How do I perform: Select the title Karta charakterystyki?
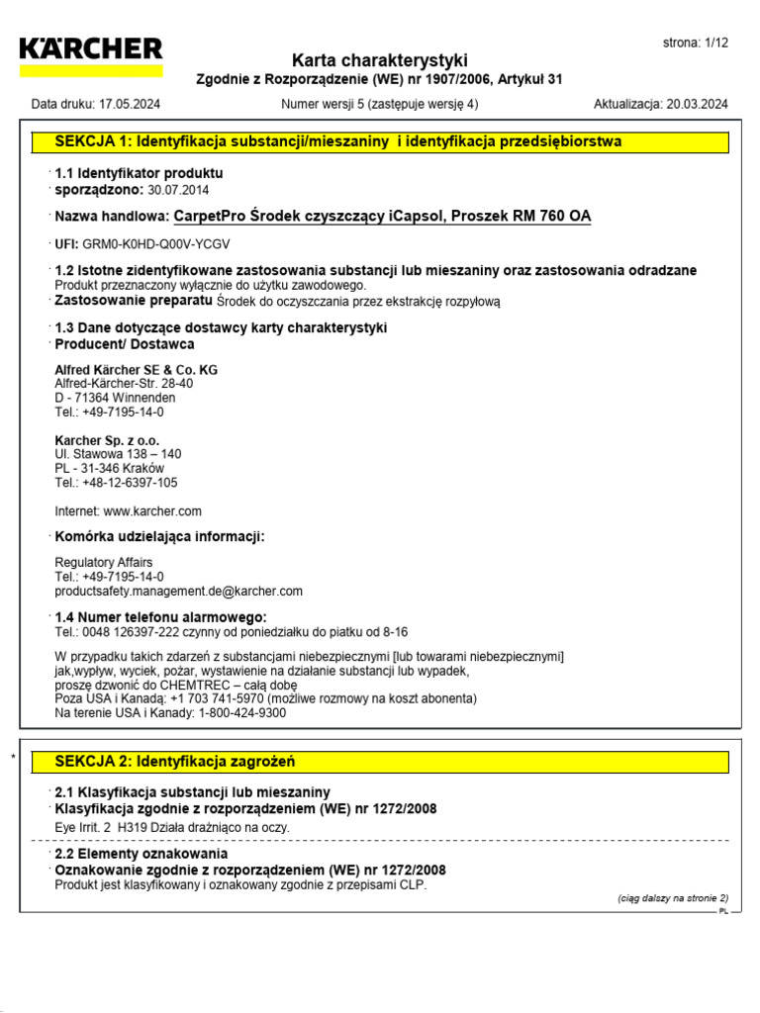click(x=380, y=60)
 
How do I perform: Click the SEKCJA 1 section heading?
click(x=338, y=141)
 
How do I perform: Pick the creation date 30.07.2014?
click(x=178, y=189)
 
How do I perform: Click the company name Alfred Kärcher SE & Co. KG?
click(x=136, y=370)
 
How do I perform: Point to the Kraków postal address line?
click(x=109, y=468)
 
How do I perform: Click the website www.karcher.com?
click(x=152, y=511)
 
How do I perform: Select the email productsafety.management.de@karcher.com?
click(x=178, y=591)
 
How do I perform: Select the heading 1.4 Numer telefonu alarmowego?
click(x=160, y=616)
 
